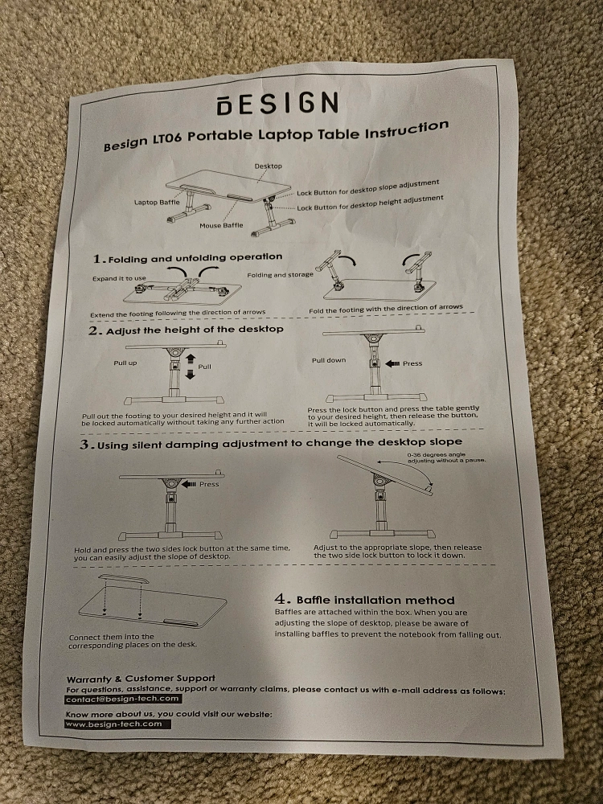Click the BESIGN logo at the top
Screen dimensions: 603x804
[277, 103]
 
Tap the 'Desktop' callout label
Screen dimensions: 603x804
[269, 166]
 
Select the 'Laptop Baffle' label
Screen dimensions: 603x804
[157, 202]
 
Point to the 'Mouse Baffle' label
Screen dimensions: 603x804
[222, 225]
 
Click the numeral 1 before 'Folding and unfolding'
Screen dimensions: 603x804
[98, 259]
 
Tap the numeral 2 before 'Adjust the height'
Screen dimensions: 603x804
[93, 330]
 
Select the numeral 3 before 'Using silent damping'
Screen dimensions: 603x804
[85, 445]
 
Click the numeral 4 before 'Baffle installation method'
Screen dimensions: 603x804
[281, 599]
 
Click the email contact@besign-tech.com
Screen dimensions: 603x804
[122, 699]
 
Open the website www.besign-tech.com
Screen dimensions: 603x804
[117, 724]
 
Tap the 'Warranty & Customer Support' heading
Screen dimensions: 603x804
[141, 679]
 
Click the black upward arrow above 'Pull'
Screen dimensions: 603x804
[191, 358]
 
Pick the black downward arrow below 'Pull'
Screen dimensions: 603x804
[191, 375]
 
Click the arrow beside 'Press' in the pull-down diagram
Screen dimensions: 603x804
[392, 363]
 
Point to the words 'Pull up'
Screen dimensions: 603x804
[125, 363]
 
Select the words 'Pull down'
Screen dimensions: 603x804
[329, 360]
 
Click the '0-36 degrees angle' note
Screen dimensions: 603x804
[437, 454]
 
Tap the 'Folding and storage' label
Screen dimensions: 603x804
[280, 275]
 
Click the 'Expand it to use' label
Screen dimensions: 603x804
[119, 278]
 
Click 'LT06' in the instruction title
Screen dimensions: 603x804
[166, 139]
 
